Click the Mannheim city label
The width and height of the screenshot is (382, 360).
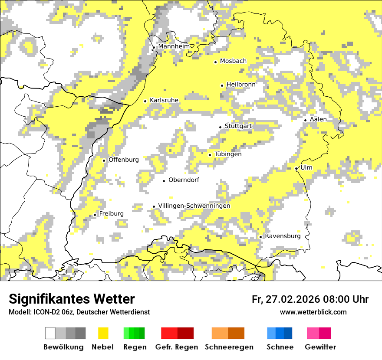(x=174, y=46)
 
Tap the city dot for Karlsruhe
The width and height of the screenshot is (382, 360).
(x=145, y=101)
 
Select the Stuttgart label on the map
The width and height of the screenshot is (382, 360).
(x=238, y=126)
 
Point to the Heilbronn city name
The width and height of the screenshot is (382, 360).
(x=241, y=85)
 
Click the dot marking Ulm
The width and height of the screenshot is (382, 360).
(x=296, y=169)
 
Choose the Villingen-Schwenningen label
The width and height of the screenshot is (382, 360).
(x=194, y=206)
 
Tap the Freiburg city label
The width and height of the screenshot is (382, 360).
(x=111, y=214)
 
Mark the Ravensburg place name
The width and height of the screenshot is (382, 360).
(x=283, y=236)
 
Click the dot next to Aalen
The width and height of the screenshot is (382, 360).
(x=306, y=120)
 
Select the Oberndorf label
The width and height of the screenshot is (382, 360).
(x=184, y=180)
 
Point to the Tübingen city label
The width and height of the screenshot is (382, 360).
(x=228, y=154)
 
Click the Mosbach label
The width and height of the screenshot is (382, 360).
(x=233, y=61)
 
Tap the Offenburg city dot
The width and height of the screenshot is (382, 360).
(x=104, y=160)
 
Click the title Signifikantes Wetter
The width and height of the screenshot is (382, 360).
(x=72, y=299)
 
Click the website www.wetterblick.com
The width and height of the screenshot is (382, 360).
(x=313, y=312)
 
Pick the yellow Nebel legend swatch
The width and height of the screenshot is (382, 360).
(x=103, y=333)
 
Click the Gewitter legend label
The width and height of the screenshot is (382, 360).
(x=320, y=347)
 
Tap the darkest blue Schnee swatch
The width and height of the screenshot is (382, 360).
(x=288, y=333)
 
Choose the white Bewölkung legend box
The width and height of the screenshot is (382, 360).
(x=50, y=333)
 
